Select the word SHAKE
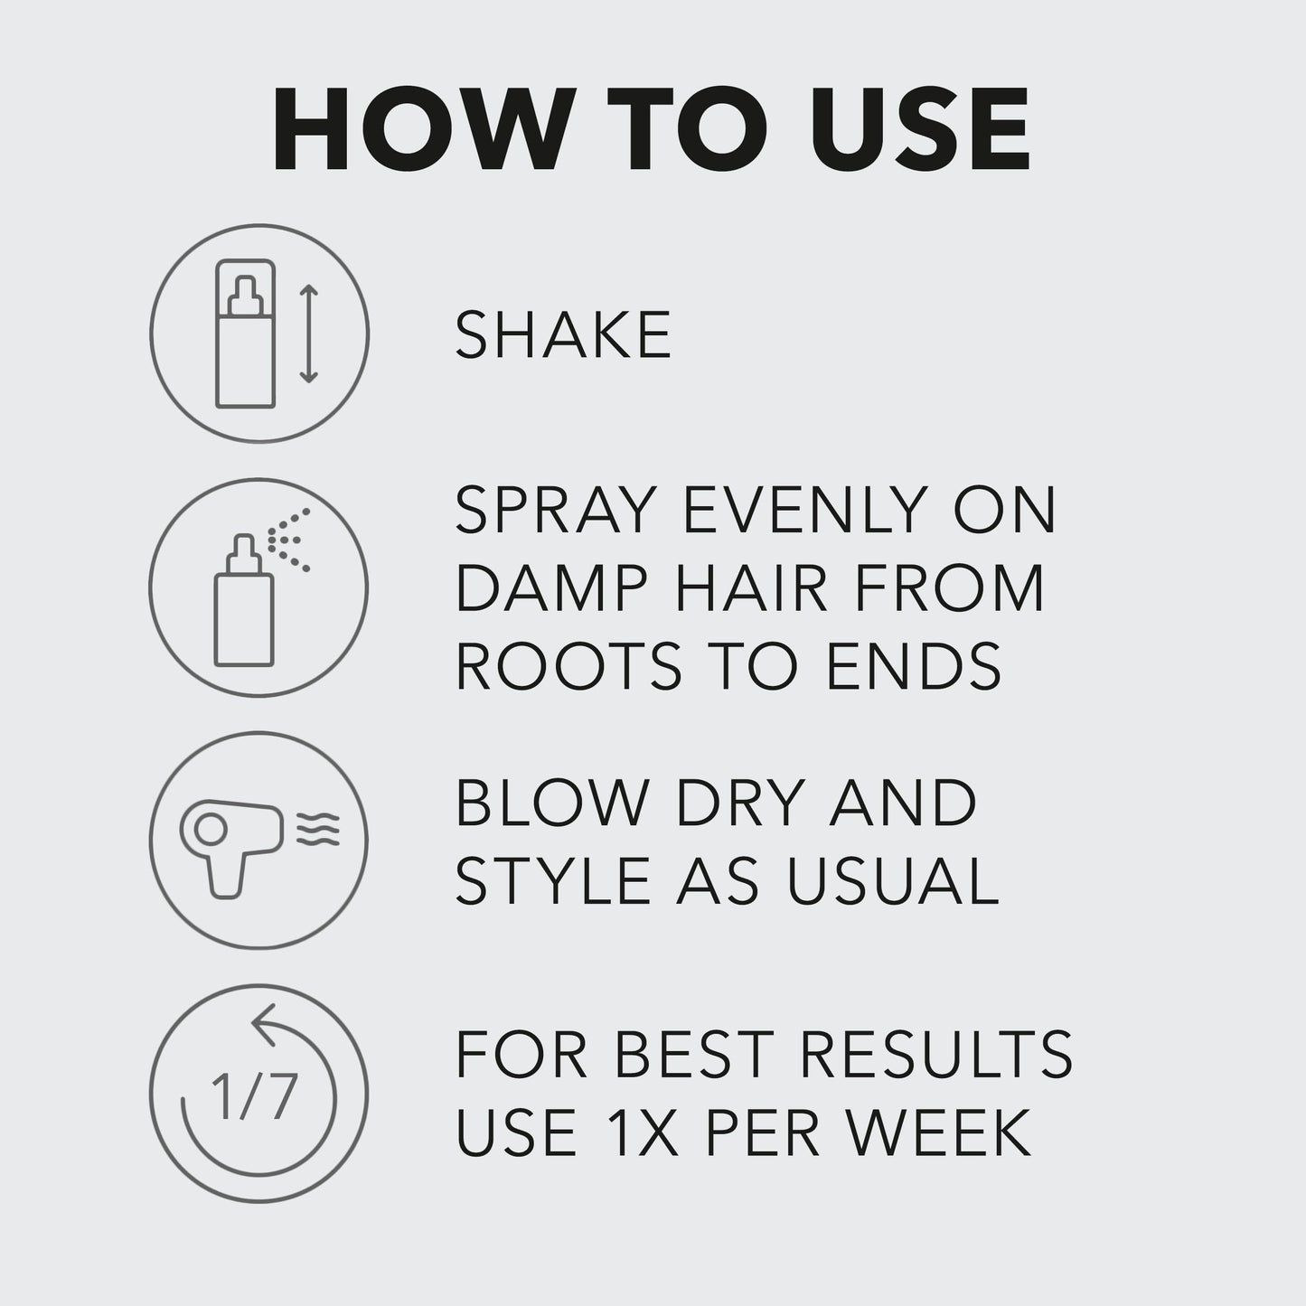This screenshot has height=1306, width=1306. click(563, 335)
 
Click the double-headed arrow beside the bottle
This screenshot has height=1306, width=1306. click(309, 334)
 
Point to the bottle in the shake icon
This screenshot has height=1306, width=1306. click(244, 334)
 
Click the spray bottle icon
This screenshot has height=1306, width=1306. click(243, 600)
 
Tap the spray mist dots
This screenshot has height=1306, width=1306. click(291, 540)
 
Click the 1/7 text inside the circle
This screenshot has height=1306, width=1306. click(254, 1095)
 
